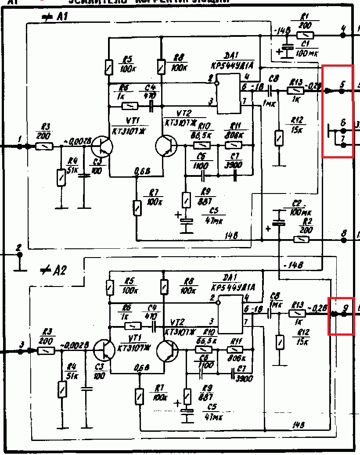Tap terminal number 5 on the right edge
(x=343, y=84)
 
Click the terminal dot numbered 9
(x=345, y=313)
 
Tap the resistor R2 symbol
(x=301, y=240)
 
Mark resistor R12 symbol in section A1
(x=279, y=138)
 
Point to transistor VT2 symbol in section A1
(x=166, y=146)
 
